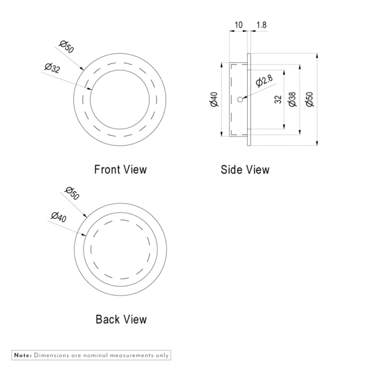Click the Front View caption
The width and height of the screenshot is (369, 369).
[x=121, y=170]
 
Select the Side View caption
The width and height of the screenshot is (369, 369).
[x=245, y=170]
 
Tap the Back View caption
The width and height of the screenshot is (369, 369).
[x=121, y=319]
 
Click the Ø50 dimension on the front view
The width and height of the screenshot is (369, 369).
[x=66, y=47]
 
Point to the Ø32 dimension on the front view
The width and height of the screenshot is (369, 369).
[x=52, y=68]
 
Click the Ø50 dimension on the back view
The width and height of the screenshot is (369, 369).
[x=72, y=193]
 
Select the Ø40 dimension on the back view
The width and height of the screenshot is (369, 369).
[x=58, y=217]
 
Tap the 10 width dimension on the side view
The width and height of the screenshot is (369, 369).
[x=239, y=25]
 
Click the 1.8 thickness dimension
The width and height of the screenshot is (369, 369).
[x=261, y=25]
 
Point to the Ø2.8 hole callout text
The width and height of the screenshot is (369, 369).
[x=264, y=81]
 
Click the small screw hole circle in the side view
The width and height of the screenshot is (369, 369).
[x=240, y=100]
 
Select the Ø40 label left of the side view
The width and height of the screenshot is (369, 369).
[x=214, y=99]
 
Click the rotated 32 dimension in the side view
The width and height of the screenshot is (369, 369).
[x=278, y=99]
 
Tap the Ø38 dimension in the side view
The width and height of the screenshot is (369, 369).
[x=292, y=99]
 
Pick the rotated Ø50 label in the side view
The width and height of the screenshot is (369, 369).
[x=310, y=99]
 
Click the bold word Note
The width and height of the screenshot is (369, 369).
[x=23, y=355]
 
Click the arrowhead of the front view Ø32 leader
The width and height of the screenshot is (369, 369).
[x=90, y=89]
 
